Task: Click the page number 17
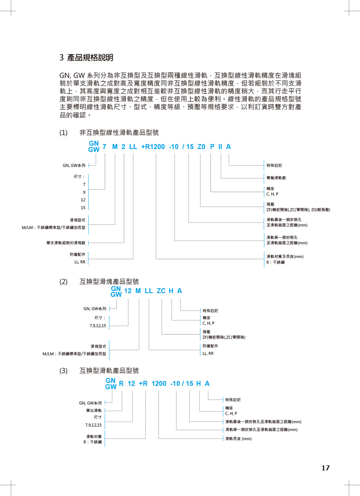point(325,468)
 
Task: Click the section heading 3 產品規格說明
point(87,58)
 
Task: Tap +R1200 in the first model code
point(153,147)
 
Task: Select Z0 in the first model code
point(201,147)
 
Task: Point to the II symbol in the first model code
point(220,147)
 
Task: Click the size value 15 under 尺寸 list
point(83,207)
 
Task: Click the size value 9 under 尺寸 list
point(84,192)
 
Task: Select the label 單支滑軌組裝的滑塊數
point(66,243)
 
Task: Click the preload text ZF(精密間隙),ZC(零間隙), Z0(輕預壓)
point(298,210)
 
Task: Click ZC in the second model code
point(161,291)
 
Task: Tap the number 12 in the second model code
point(128,291)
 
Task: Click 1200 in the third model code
point(159,384)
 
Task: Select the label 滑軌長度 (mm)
point(238,438)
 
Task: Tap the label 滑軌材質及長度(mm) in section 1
point(285,257)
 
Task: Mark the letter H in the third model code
point(198,384)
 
